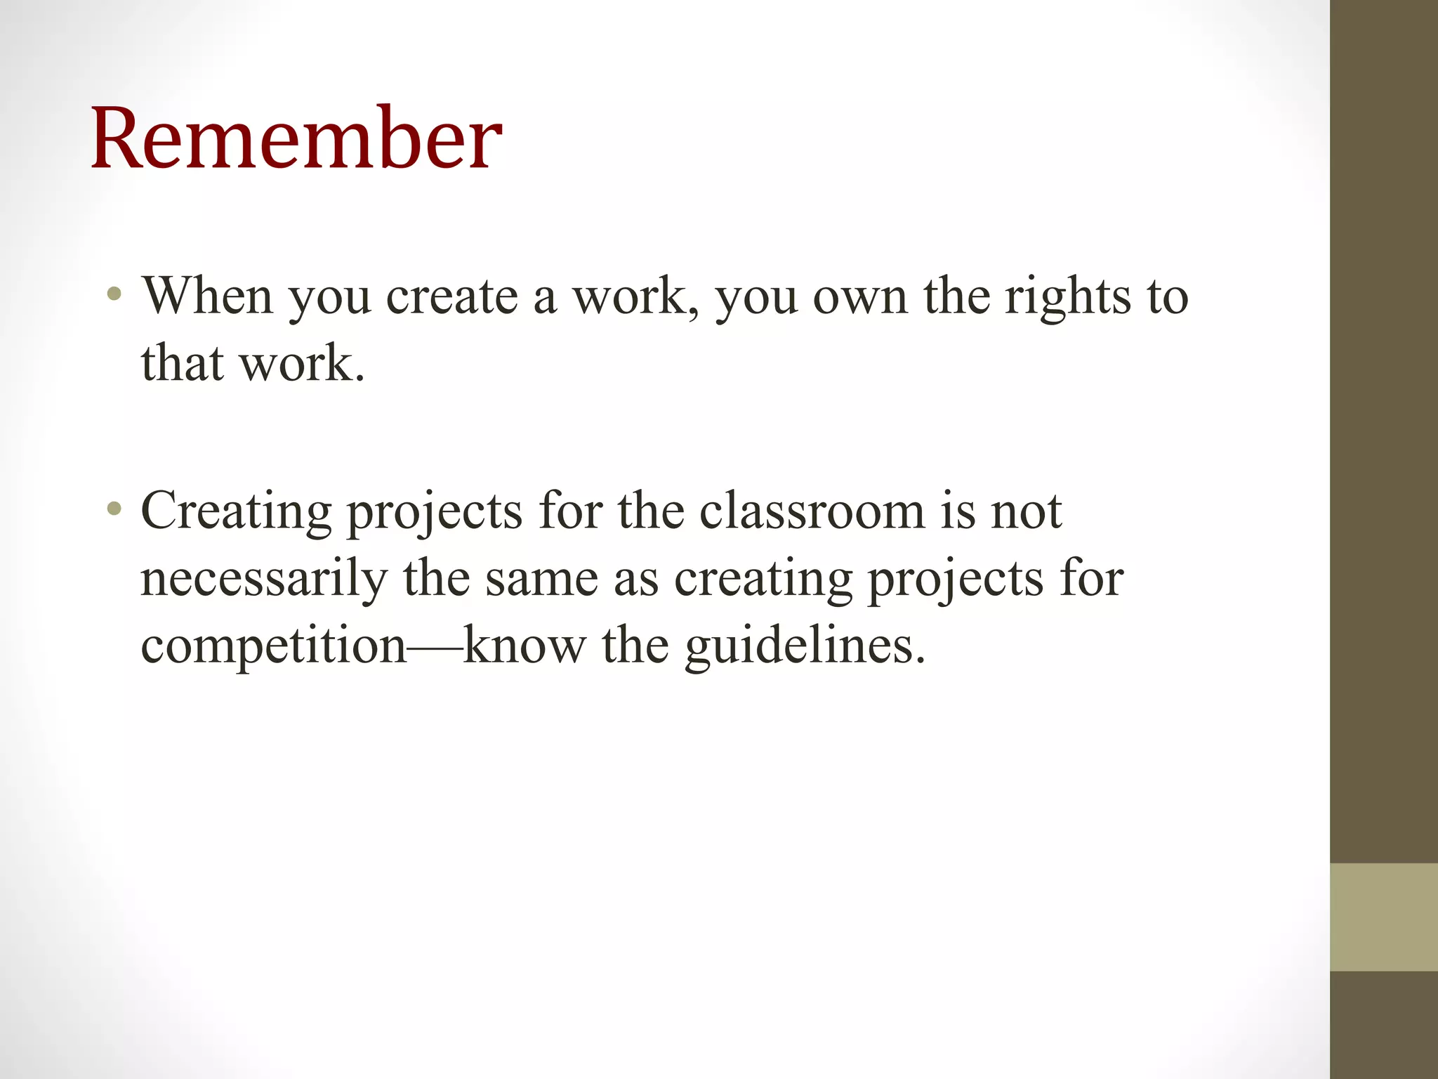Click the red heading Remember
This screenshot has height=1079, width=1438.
296,138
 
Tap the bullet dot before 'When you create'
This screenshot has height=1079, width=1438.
114,294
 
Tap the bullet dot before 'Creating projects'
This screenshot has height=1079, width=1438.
114,508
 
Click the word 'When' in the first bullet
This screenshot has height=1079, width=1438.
207,296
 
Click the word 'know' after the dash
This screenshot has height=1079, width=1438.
524,645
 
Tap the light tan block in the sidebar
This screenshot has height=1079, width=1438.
1383,917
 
